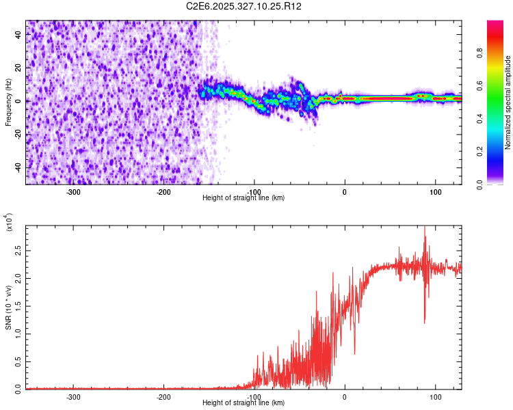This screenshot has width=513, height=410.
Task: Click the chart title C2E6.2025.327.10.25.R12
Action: click(244, 6)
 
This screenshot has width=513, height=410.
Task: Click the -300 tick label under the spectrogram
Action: click(73, 191)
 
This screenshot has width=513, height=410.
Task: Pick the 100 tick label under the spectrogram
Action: click(435, 191)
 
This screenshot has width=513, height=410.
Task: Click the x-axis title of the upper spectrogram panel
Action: click(244, 198)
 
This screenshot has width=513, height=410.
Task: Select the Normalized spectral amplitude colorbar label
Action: click(508, 102)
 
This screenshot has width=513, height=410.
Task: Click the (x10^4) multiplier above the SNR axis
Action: click(10, 223)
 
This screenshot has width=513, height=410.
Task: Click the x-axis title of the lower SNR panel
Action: click(244, 403)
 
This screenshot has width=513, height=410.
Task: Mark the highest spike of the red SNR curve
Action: click(425, 228)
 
